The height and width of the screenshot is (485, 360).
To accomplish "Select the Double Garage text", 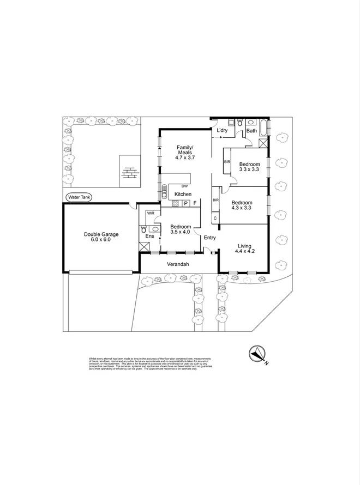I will point(101,234).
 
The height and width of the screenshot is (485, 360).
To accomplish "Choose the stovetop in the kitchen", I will point(176,203).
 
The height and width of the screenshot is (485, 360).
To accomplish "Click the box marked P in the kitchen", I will point(185,203).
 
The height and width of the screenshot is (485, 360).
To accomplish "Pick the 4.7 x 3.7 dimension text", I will point(185,157).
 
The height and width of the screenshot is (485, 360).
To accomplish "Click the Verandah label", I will point(178,264).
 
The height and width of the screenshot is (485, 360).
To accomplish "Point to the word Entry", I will point(209,238).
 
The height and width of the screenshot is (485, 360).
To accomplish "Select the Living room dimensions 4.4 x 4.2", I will point(245,251).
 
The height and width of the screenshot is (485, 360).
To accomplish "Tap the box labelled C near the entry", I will point(215,217).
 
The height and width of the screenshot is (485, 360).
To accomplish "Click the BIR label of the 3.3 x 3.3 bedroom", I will point(226,162).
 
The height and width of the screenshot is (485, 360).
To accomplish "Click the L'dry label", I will point(222,131).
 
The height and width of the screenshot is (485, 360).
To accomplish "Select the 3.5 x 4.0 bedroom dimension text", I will point(180,232).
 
